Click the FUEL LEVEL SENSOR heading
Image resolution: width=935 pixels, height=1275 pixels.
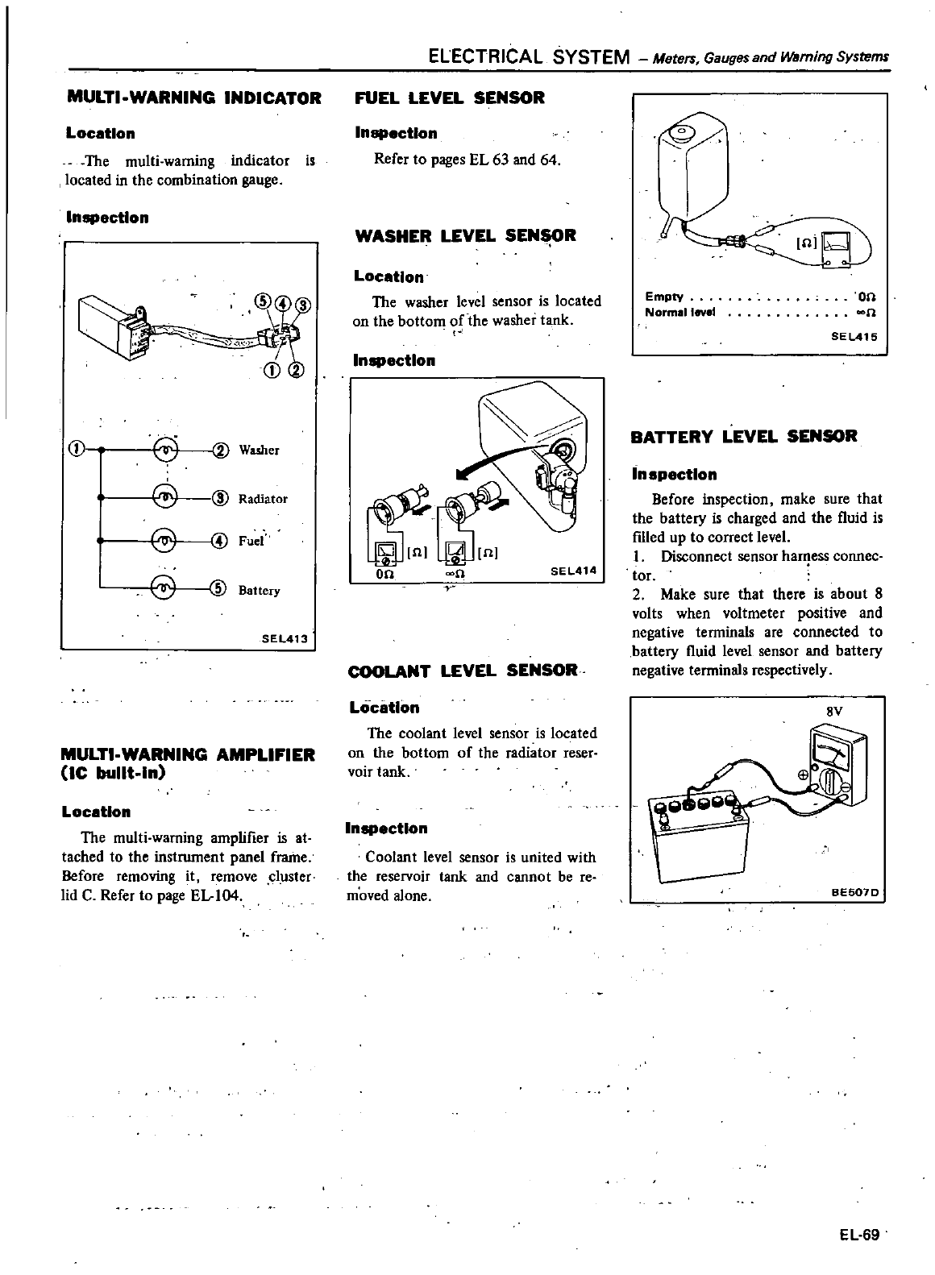pyautogui.click(x=450, y=98)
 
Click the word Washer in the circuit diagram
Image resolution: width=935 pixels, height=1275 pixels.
pyautogui.click(x=260, y=450)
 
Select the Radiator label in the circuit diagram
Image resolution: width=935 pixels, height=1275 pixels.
pyautogui.click(x=263, y=499)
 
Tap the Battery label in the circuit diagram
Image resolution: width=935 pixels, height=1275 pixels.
pyautogui.click(x=260, y=591)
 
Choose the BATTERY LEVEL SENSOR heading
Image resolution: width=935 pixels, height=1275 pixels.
pyautogui.click(x=744, y=437)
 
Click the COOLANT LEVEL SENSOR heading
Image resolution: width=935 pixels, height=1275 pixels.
pyautogui.click(x=463, y=671)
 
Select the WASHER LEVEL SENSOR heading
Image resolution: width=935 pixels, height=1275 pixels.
pyautogui.click(x=465, y=236)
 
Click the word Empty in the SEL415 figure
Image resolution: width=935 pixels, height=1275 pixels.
pyautogui.click(x=664, y=296)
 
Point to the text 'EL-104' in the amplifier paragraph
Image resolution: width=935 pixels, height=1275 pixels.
pyautogui.click(x=215, y=896)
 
